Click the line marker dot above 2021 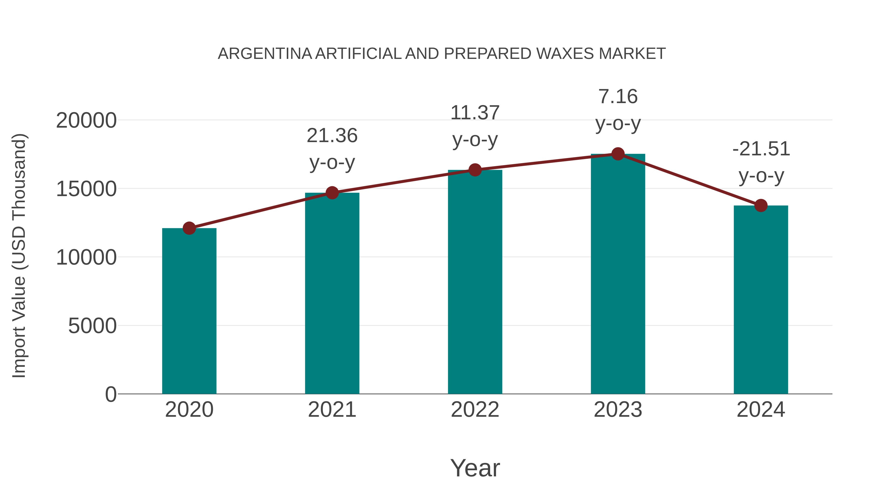click(x=332, y=193)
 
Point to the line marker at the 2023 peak click(x=618, y=154)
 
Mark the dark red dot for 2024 click(x=761, y=205)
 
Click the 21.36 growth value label click(x=332, y=135)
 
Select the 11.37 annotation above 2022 click(x=475, y=113)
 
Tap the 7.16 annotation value click(x=618, y=97)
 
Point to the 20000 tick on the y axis click(x=86, y=121)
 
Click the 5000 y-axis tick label click(x=92, y=326)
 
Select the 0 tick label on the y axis click(x=111, y=394)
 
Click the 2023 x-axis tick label click(x=618, y=410)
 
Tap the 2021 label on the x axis click(x=332, y=410)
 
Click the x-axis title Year click(x=475, y=468)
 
